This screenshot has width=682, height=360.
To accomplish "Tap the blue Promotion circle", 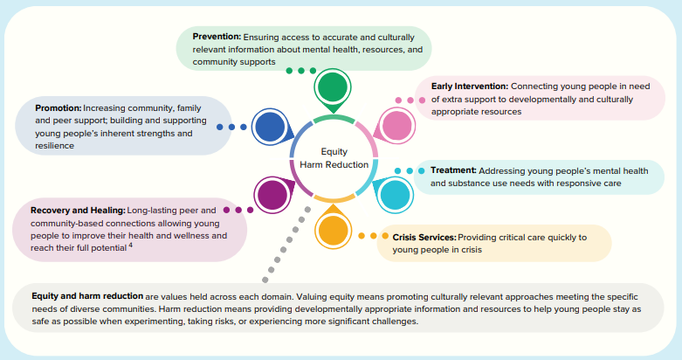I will pyautogui.click(x=269, y=127).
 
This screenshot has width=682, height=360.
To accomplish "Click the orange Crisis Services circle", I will pyautogui.click(x=333, y=232).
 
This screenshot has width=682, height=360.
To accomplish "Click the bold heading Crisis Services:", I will pyautogui.click(x=424, y=237).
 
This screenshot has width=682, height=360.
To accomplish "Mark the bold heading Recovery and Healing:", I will pyautogui.click(x=77, y=211).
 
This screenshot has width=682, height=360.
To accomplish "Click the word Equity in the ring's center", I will pyautogui.click(x=334, y=151).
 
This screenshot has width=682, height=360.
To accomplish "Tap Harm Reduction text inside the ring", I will pyautogui.click(x=334, y=164).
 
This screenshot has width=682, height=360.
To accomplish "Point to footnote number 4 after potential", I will pyautogui.click(x=130, y=246).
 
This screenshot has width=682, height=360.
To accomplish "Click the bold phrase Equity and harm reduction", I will pyautogui.click(x=87, y=295).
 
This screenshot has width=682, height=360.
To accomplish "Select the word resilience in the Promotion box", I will pyautogui.click(x=54, y=146).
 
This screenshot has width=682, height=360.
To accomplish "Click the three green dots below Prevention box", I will pyautogui.click(x=300, y=71).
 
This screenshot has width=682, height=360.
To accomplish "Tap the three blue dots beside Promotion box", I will pyautogui.click(x=231, y=127).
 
